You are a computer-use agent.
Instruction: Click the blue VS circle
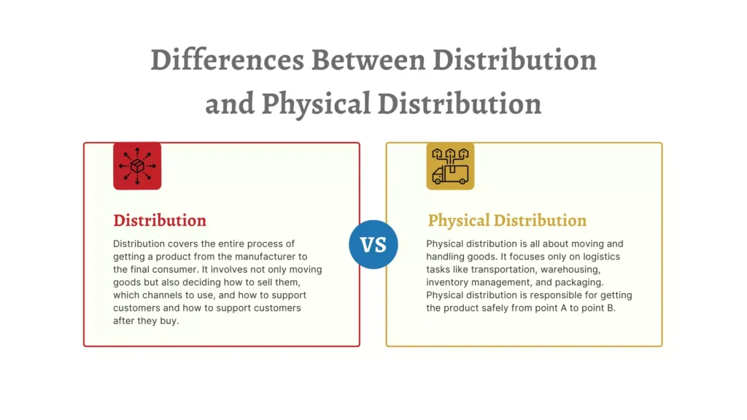(373, 244)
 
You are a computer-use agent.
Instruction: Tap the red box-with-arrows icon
(137, 166)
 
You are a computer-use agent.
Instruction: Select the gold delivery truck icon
(450, 166)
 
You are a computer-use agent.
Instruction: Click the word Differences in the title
(227, 60)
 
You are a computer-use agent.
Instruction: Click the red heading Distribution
(160, 220)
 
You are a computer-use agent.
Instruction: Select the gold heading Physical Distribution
(507, 220)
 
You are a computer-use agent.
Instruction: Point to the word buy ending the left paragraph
(169, 321)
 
